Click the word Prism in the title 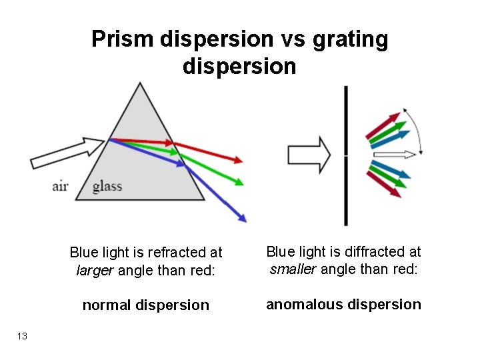(123, 40)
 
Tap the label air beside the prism (60, 185)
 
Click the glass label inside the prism (107, 185)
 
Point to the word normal (108, 305)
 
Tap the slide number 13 (22, 336)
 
